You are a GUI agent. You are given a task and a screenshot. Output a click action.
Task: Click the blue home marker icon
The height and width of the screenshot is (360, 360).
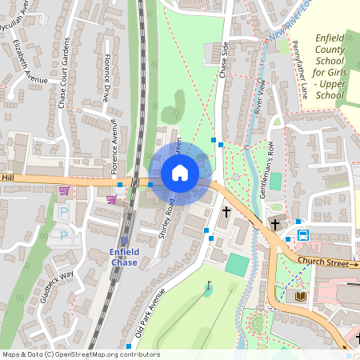click(180, 173)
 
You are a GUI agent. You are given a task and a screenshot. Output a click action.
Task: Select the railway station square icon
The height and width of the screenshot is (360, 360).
click(125, 241)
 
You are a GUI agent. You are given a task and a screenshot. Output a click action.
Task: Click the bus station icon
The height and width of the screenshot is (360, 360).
click(304, 235)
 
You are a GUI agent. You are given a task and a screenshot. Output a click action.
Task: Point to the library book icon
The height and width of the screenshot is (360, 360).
click(301, 296)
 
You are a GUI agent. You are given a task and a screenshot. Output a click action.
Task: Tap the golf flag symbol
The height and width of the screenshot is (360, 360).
click(209, 285)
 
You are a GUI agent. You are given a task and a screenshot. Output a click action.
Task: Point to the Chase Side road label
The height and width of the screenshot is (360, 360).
click(224, 60)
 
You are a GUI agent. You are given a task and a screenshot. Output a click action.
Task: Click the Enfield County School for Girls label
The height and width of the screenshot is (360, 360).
click(330, 68)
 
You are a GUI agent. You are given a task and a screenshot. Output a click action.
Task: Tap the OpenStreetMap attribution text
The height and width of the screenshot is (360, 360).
click(80, 354)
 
